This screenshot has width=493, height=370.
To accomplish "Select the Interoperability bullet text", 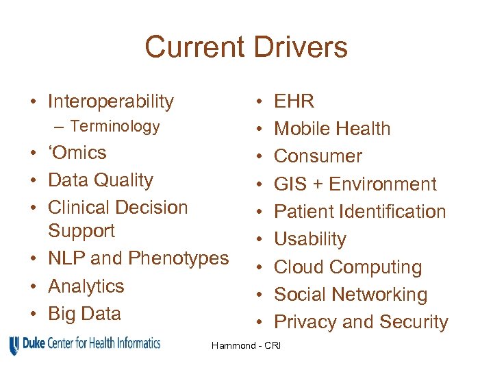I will point(111,102).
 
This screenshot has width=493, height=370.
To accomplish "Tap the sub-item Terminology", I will point(115,126).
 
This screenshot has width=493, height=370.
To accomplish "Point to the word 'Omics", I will point(77,153).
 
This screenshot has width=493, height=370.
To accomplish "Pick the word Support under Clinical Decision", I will point(81,231).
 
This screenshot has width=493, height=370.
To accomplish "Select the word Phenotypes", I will point(179,258).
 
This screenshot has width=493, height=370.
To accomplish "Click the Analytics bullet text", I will point(86,286).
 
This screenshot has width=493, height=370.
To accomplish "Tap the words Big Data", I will point(84,314).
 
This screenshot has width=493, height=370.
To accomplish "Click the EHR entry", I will point(294,102).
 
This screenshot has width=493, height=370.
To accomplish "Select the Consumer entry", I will point(318,156).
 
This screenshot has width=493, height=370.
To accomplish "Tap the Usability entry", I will point(310,239).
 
